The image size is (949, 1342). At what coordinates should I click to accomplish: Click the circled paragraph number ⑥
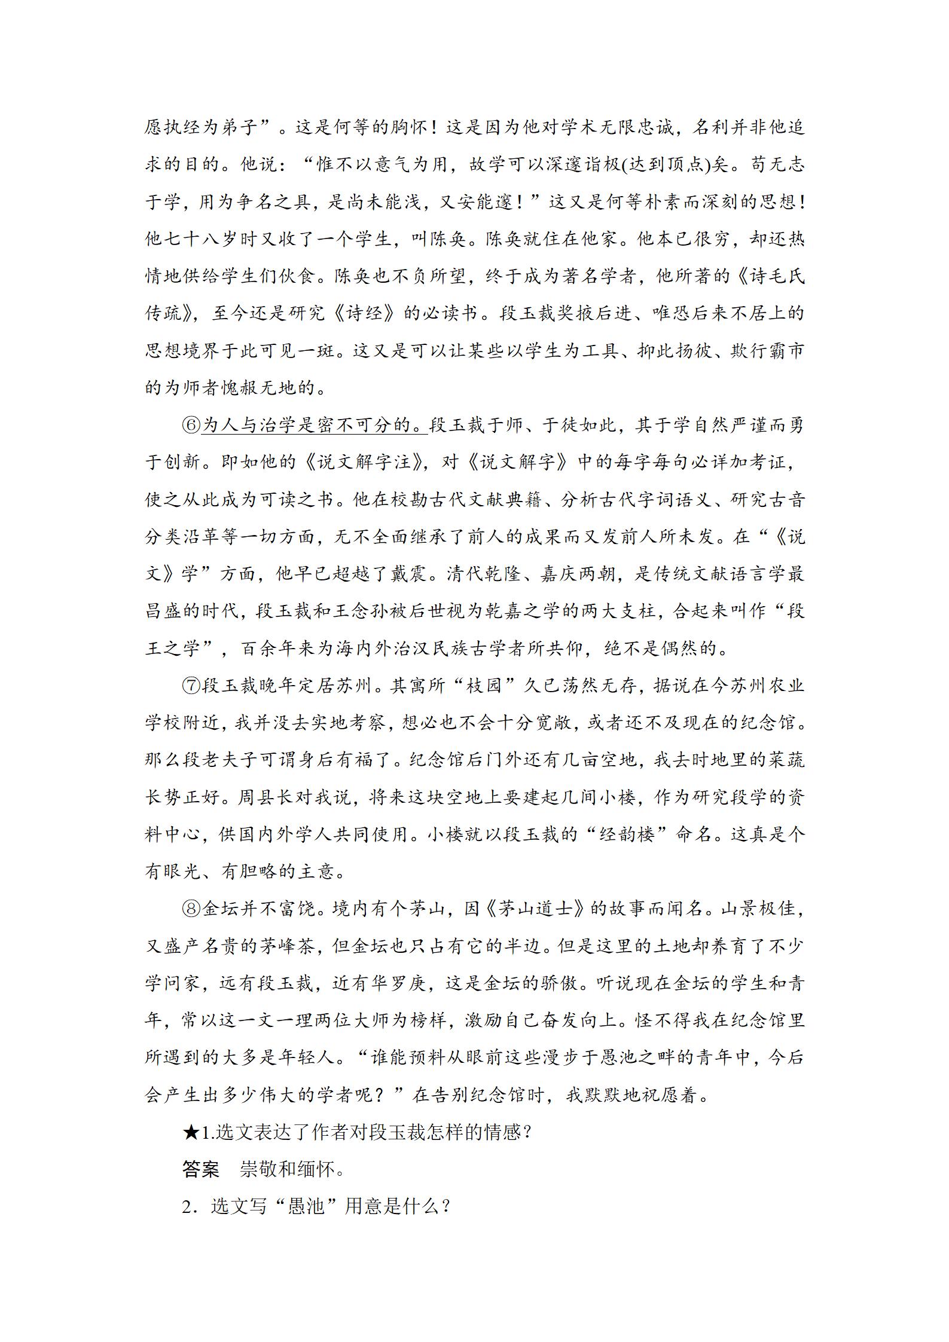(191, 425)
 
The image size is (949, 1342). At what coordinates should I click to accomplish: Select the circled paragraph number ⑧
(191, 909)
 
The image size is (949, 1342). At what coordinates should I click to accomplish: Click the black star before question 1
(190, 1132)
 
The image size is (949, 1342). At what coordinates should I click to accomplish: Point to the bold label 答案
(201, 1169)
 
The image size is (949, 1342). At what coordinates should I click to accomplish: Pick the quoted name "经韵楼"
(625, 834)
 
